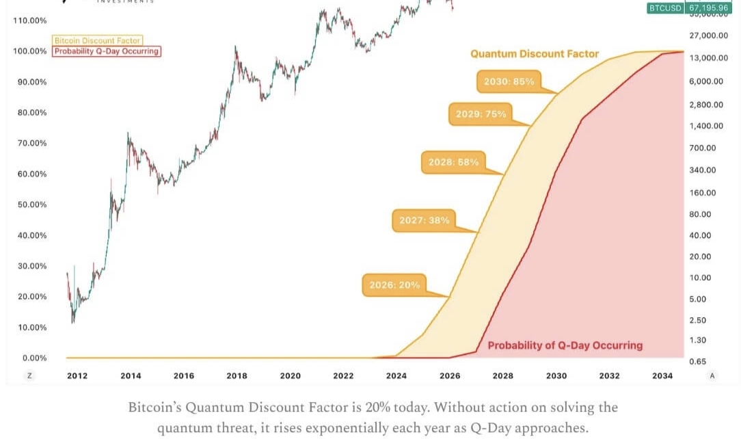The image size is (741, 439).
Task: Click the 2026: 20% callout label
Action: pos(394,285)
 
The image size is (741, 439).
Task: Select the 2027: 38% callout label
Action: pos(425,220)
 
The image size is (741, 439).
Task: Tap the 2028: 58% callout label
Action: pos(453,162)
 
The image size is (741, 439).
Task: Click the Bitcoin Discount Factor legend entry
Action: pos(97,41)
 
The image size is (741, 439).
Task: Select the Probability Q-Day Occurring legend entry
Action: pos(107,51)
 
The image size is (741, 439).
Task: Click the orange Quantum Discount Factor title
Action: pos(535,53)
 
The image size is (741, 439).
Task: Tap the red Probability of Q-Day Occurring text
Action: pos(565,345)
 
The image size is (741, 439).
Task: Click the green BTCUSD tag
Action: pos(665,8)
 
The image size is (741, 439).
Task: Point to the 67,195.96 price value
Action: pos(708,8)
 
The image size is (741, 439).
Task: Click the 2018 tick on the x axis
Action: pos(237,375)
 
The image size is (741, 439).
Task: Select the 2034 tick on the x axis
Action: pos(662,375)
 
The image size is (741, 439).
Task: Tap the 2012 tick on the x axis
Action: pos(77,375)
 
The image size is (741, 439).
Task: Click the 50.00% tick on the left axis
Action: pos(30,204)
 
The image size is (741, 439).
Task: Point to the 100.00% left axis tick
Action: pos(29,51)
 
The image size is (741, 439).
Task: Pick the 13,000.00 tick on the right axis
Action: pos(709,57)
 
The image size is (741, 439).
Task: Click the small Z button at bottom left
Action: pos(29,375)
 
